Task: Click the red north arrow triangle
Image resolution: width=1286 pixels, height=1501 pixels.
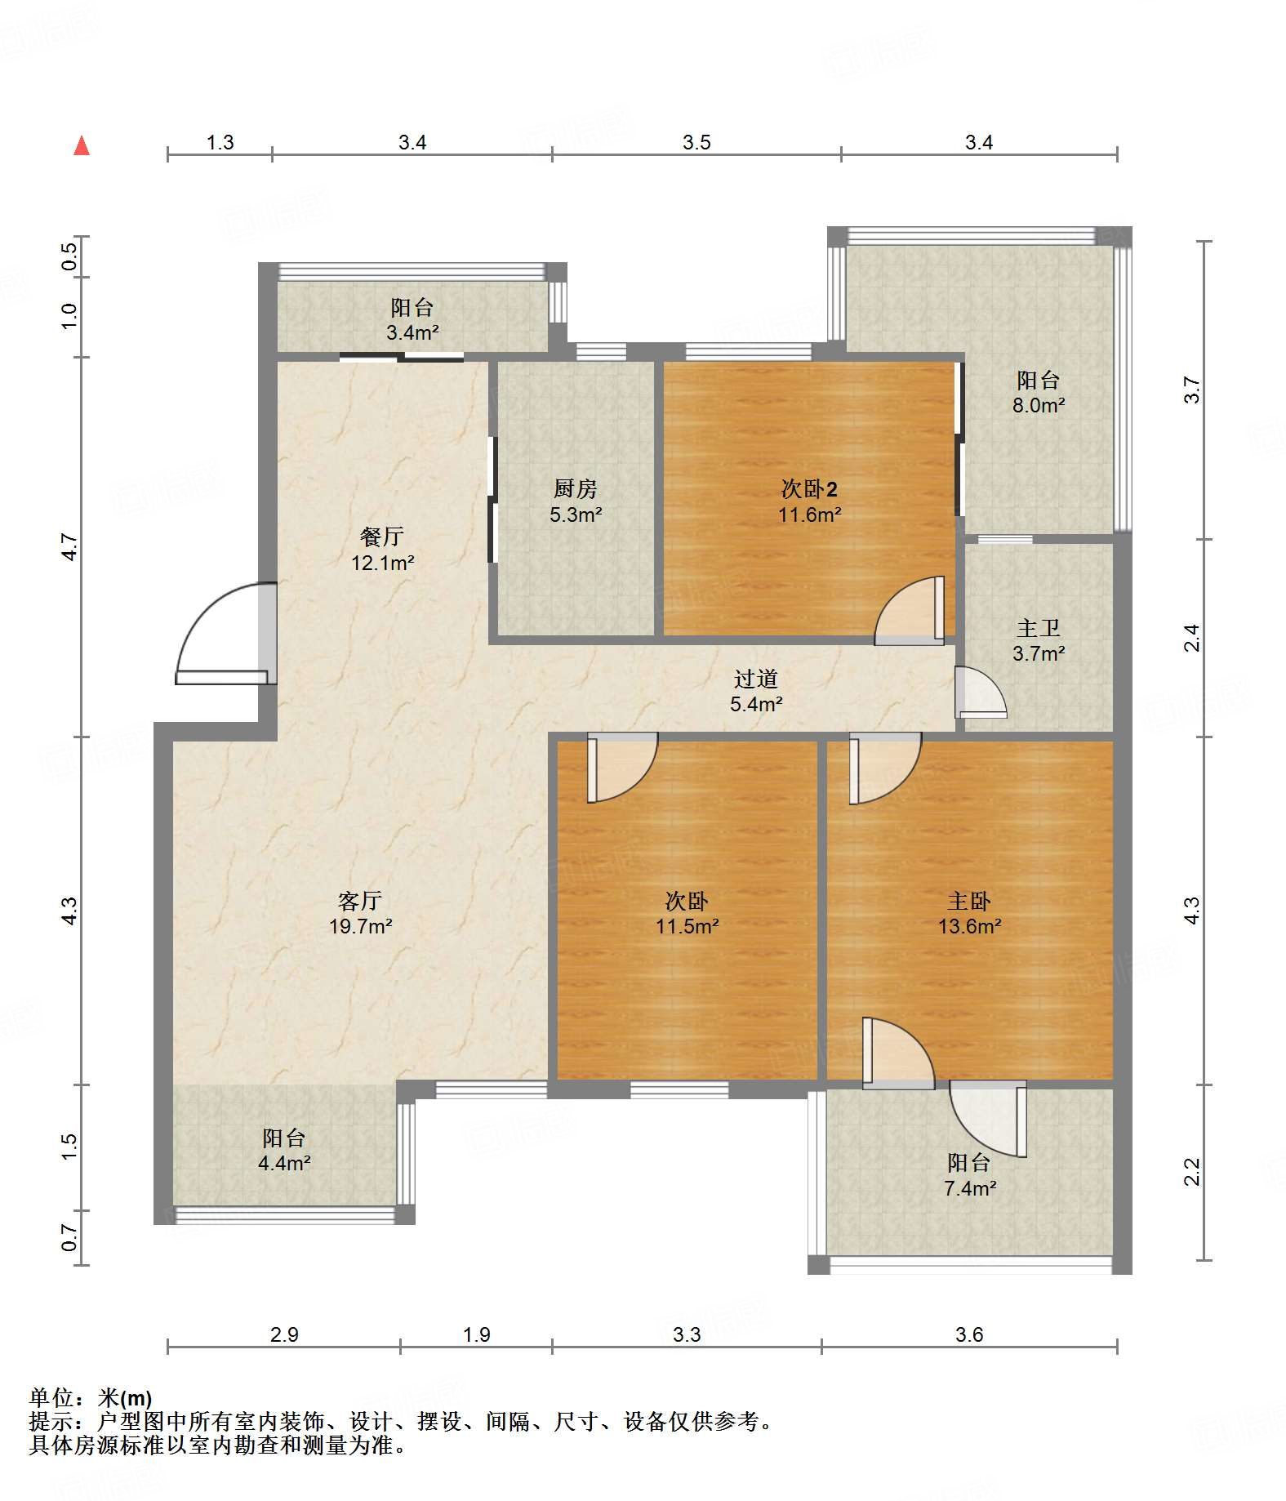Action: [x=82, y=145]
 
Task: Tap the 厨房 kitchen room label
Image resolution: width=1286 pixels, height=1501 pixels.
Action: [x=576, y=488]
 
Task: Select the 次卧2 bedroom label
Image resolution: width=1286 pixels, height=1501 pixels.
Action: [x=809, y=488]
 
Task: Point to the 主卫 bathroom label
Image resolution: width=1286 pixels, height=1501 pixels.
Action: [x=1039, y=628]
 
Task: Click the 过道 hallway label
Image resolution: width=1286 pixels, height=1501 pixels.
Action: [x=756, y=679]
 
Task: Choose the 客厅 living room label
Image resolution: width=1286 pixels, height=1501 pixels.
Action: [x=360, y=901]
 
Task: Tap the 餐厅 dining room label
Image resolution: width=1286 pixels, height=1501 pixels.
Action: [x=382, y=537]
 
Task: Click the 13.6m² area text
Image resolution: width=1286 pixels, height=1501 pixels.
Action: [x=969, y=926]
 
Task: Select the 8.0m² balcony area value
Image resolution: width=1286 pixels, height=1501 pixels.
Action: [x=1039, y=405]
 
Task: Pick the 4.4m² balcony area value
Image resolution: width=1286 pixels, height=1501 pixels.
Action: [x=284, y=1163]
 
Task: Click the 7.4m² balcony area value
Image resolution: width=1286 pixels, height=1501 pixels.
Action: [x=969, y=1188]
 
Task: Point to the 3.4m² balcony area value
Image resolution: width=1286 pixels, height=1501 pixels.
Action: [x=412, y=332]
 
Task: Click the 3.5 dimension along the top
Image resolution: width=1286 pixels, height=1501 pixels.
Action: [x=696, y=142]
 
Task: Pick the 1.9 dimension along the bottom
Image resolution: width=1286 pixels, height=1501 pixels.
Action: [x=476, y=1334]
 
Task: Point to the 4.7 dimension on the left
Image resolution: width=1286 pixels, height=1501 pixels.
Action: [x=69, y=547]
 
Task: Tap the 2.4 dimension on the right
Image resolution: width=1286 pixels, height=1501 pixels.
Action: [x=1192, y=638]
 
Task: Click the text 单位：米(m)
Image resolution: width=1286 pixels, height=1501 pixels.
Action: [x=91, y=1398]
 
